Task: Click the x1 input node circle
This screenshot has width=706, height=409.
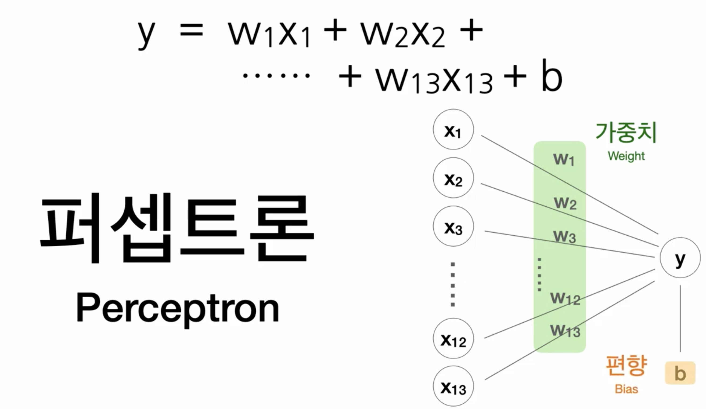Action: coord(453,129)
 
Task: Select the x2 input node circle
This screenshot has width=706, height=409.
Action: coord(453,178)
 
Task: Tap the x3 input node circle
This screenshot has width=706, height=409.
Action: coord(453,226)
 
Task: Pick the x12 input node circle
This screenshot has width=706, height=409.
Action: coord(453,338)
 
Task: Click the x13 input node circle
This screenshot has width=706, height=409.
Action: coord(453,386)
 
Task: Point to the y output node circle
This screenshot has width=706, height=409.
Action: coord(680,258)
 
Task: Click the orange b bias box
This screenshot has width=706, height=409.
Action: coord(680,373)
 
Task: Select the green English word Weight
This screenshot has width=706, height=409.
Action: coord(626,156)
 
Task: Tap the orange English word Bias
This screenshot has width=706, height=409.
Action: coord(626,389)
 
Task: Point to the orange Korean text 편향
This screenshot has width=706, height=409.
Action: coord(626,365)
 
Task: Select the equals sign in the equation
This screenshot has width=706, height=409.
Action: coord(191,30)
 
